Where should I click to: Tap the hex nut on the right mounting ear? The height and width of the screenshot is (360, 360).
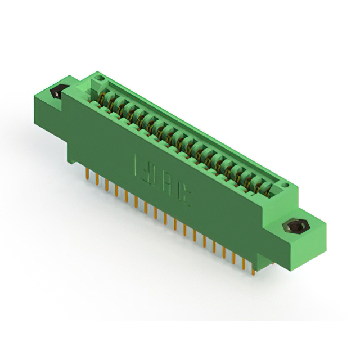tap(296, 227)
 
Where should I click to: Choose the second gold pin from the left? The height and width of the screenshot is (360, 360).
tap(96, 179)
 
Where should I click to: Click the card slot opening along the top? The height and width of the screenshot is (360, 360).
tap(186, 135)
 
